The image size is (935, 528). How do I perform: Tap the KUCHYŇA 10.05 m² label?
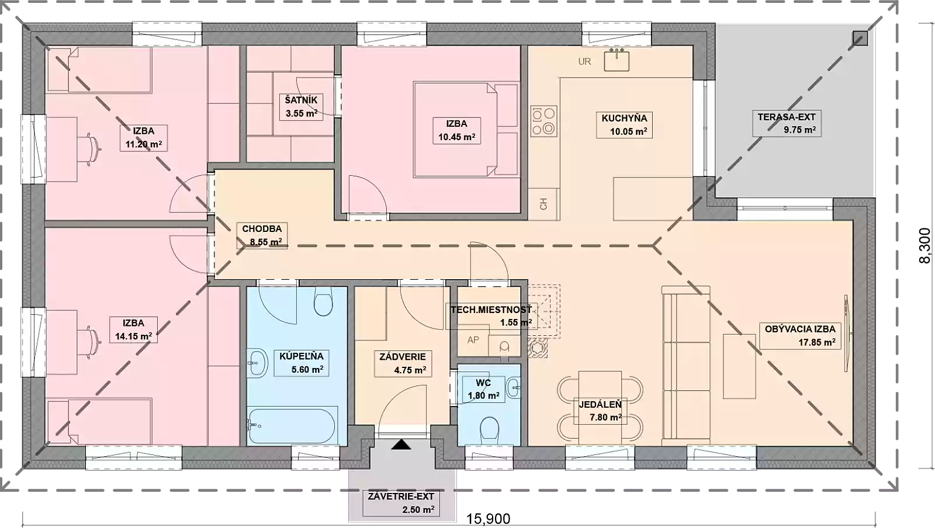(624, 125)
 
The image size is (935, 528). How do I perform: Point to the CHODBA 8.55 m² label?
(262, 235)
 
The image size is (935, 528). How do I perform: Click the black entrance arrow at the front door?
(401, 444)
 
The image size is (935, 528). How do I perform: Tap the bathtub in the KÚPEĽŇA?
(292, 426)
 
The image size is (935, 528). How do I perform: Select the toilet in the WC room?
(489, 430)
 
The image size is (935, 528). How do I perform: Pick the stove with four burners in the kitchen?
(544, 121)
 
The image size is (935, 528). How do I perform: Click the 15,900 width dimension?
(488, 519)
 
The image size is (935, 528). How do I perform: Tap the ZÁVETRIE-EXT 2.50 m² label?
(401, 503)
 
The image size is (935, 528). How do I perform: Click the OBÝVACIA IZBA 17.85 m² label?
(800, 336)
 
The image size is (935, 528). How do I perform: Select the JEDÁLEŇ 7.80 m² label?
(600, 411)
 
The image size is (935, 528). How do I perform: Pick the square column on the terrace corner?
(860, 39)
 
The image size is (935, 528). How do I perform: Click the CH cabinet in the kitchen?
(543, 204)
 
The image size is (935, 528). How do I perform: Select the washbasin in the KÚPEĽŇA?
(257, 363)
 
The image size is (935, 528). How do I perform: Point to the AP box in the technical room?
(473, 341)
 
